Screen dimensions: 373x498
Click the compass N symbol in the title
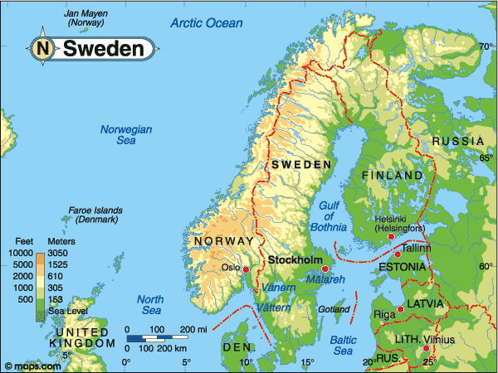(43, 49)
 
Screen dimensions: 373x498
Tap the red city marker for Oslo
(246, 269)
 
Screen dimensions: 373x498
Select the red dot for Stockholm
(325, 269)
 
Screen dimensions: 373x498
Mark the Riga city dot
(401, 309)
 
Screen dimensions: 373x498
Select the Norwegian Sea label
(126, 135)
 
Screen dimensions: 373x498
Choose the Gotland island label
(334, 310)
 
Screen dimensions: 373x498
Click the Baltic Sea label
(343, 345)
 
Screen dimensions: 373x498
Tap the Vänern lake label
(278, 287)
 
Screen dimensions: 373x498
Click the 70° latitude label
(486, 46)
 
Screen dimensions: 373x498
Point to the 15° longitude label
(308, 363)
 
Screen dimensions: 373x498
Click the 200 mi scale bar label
(193, 330)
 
